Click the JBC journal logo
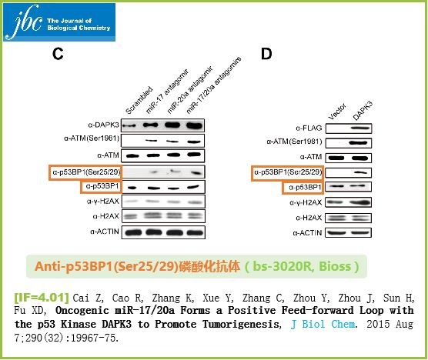pos(59,22)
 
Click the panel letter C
pos(58,54)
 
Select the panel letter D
pos(266,54)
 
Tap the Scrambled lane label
pos(139,100)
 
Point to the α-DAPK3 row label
pos(103,125)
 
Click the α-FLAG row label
pos(309,128)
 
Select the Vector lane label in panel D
pos(337,112)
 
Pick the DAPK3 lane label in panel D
pos(363,111)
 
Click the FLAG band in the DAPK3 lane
pos(361,128)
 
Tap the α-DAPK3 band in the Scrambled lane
pos(129,125)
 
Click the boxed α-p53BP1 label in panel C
pos(102,186)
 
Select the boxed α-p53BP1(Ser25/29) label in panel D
pos(287,172)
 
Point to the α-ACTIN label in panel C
pos(105,232)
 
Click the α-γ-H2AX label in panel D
pos(306,202)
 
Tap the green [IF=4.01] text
pos(42,298)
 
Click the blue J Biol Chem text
pos(323,324)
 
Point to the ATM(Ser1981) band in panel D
pos(358,142)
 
